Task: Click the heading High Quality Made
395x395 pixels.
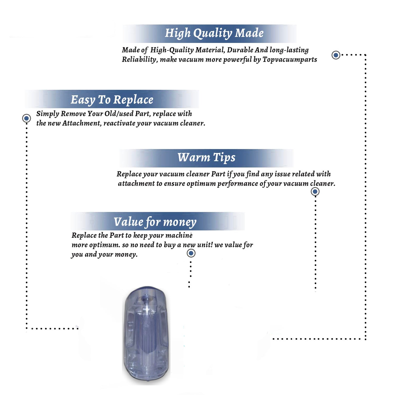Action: click(x=214, y=33)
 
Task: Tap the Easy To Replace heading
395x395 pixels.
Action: click(x=112, y=100)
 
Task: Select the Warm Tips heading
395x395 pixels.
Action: click(x=206, y=158)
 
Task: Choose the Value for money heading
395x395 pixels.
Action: click(x=155, y=222)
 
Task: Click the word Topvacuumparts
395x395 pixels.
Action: click(x=290, y=60)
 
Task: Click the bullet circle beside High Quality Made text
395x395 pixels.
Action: click(x=336, y=55)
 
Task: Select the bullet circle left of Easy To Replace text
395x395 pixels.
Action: click(x=26, y=118)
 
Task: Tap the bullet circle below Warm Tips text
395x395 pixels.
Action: click(x=315, y=191)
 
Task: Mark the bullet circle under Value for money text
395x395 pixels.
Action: click(x=191, y=253)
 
